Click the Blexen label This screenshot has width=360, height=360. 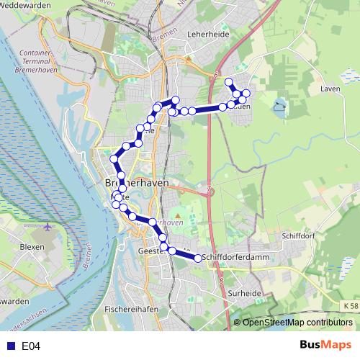(x=32, y=246)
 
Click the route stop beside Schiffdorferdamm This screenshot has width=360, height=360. (x=198, y=258)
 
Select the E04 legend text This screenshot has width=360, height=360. (x=30, y=346)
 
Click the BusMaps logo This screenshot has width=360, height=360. (x=325, y=346)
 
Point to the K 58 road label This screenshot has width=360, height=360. (x=349, y=306)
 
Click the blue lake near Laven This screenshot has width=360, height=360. (x=278, y=109)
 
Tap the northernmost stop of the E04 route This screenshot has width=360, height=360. (x=228, y=81)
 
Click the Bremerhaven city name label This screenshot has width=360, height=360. (x=132, y=183)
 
